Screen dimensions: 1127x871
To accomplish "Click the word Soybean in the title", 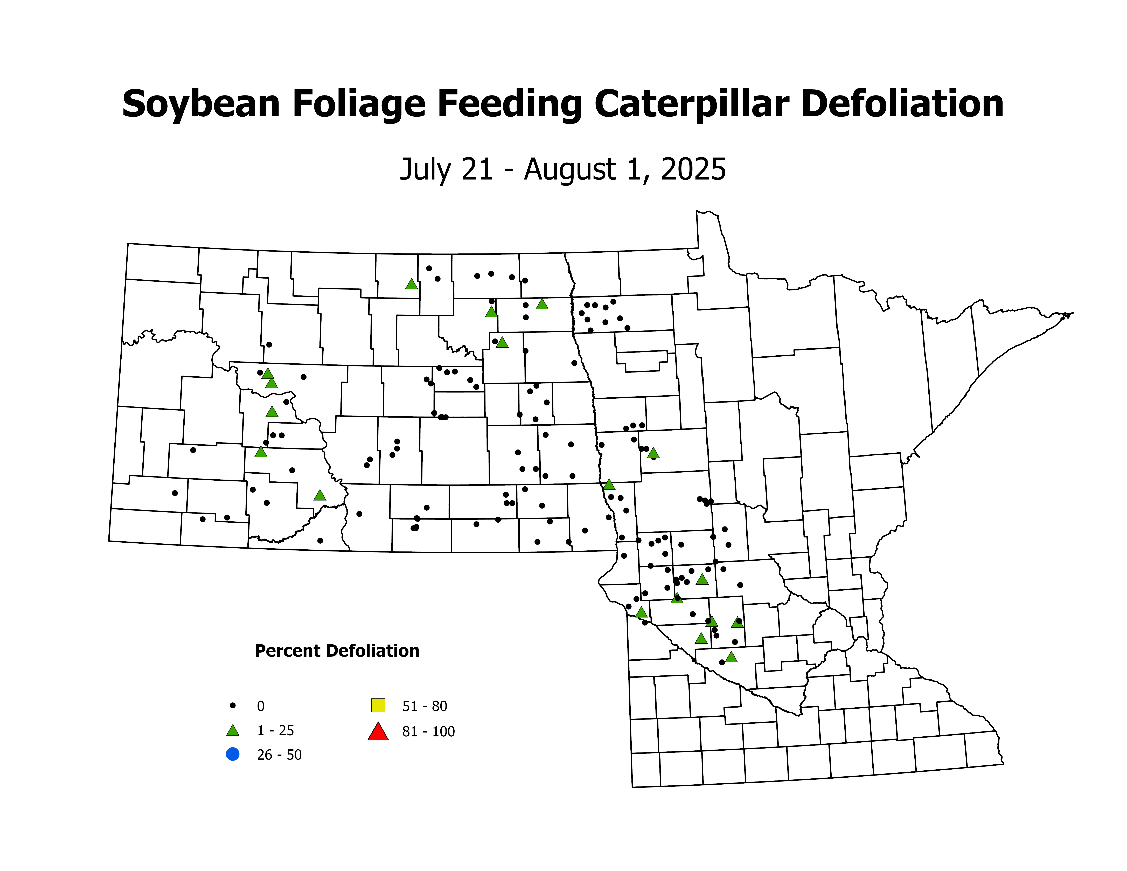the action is pyautogui.click(x=201, y=105).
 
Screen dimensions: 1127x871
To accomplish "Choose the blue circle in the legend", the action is pyautogui.click(x=233, y=754).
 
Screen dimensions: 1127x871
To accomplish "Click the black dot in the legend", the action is pyautogui.click(x=233, y=705).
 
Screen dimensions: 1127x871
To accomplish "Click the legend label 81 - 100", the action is pyautogui.click(x=428, y=732).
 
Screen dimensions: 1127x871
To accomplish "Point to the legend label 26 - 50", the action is pyautogui.click(x=279, y=755).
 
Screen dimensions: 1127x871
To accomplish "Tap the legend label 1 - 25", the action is pyautogui.click(x=276, y=731).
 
